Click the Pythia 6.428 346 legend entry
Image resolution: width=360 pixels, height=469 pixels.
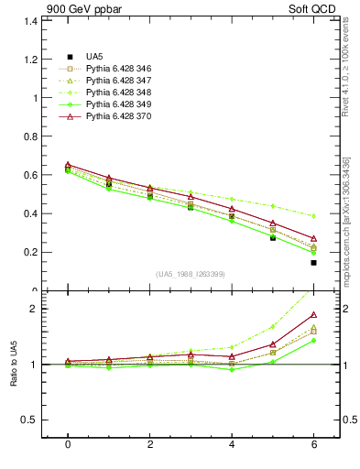(119, 69)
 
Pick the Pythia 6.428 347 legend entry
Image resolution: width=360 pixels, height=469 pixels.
(119, 81)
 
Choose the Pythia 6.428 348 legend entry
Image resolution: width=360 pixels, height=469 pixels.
(119, 93)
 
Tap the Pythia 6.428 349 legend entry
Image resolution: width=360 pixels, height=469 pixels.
(119, 104)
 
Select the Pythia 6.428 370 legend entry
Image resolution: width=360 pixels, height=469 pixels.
(119, 116)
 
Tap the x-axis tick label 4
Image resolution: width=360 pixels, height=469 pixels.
(232, 444)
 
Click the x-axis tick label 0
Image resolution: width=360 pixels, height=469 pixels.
(68, 444)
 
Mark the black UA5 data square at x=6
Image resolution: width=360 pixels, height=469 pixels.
(313, 263)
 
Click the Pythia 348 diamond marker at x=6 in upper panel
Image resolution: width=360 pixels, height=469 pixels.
(313, 216)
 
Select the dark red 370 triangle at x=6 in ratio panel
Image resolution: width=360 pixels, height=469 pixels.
(313, 315)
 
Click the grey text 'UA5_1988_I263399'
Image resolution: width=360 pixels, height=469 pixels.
(191, 274)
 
